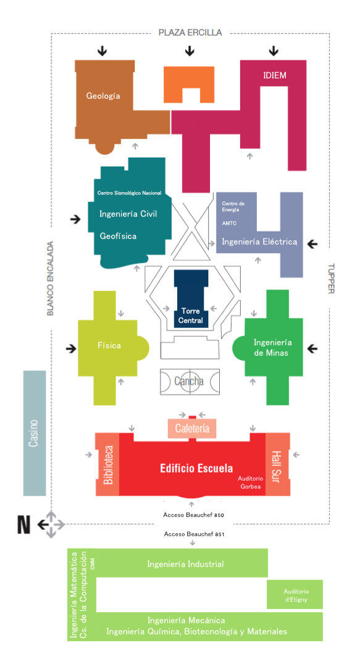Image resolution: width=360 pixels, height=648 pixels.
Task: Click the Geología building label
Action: pos(103,96)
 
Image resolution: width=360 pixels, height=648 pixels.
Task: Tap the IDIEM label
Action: pos(274,75)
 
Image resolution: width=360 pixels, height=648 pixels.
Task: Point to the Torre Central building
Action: pos(191,299)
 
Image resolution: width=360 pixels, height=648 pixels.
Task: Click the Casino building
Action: pos(35,432)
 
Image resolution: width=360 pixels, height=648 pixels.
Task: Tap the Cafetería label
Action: pos(192,428)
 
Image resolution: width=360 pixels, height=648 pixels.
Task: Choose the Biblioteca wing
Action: pos(108,465)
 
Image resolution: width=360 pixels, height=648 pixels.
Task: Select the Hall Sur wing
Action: pos(277,465)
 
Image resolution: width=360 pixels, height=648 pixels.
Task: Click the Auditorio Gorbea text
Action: pos(249,482)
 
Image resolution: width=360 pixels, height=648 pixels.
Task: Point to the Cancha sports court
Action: pos(190,381)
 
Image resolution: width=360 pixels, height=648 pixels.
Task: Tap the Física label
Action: pos(109,345)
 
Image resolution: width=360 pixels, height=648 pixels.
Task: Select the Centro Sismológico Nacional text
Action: pos(129,193)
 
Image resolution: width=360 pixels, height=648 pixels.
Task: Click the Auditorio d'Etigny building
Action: pos(295,594)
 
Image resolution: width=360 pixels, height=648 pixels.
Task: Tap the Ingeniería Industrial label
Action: pos(185,564)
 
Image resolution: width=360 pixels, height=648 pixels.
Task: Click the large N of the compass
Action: pos(24,525)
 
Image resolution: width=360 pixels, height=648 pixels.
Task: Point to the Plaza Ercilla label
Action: pos(190,32)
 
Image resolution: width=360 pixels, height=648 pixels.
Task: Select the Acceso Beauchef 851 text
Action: pos(194,534)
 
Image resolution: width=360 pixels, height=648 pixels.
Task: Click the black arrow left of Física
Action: pos(71,349)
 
